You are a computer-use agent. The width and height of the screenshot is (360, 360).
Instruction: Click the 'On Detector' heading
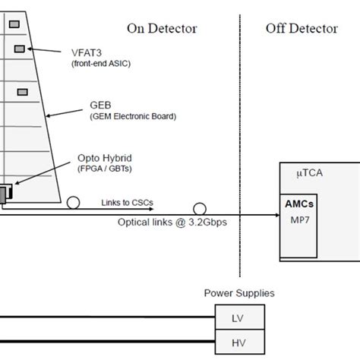click(x=162, y=28)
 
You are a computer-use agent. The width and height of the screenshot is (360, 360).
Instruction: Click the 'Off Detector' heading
click(x=302, y=28)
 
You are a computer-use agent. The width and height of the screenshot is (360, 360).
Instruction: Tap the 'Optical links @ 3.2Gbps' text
click(x=172, y=223)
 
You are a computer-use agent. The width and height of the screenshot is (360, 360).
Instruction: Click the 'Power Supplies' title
click(x=239, y=292)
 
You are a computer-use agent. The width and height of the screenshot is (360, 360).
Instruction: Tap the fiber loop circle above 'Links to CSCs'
click(x=73, y=203)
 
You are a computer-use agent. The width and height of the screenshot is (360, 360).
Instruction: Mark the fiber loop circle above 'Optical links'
click(x=200, y=208)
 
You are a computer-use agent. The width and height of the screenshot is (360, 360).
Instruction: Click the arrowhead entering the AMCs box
click(x=276, y=216)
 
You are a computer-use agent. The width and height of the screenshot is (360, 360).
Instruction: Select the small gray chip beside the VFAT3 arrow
click(x=19, y=49)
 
